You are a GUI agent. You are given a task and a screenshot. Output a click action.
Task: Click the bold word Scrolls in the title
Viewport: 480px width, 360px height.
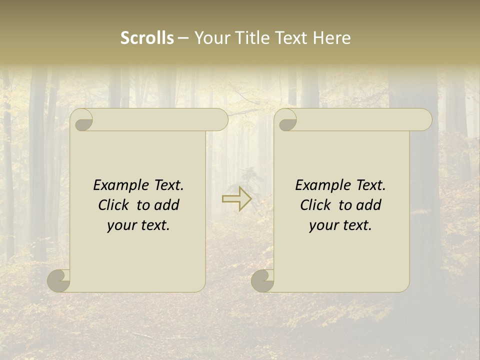[147, 38]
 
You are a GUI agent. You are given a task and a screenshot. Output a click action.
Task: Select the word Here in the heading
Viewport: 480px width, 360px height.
[331, 38]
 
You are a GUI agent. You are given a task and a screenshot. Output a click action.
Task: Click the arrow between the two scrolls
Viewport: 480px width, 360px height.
[237, 198]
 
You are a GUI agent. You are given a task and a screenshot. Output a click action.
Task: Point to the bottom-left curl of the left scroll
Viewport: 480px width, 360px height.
[58, 280]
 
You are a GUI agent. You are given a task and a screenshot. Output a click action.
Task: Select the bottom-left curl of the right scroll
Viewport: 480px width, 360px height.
[262, 280]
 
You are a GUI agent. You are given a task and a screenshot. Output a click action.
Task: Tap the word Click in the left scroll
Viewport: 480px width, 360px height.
[114, 205]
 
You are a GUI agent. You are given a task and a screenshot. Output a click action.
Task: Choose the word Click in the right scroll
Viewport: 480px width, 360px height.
[315, 205]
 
